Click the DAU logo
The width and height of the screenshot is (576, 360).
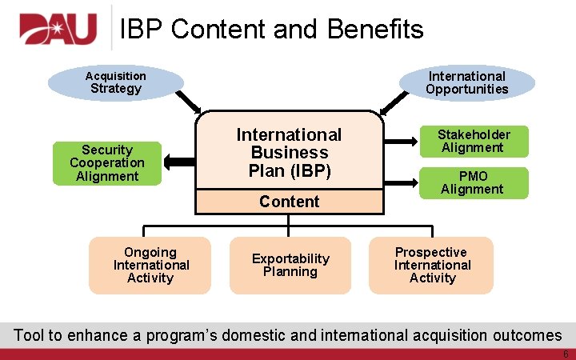point(58,30)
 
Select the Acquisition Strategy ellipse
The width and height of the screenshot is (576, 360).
point(115,82)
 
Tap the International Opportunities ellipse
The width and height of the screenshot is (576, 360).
point(466,82)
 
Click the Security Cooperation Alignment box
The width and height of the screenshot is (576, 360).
point(107,163)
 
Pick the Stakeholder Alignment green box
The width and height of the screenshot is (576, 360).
point(472,141)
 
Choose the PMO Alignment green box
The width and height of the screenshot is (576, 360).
point(472,182)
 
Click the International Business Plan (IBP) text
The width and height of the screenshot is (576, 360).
point(289,153)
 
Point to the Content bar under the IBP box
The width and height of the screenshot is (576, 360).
point(289,202)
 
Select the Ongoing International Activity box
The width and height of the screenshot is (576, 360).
point(150,265)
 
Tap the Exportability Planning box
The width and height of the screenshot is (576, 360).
point(290,265)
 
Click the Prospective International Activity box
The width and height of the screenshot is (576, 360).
point(432,265)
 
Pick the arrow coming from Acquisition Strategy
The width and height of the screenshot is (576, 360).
point(189,102)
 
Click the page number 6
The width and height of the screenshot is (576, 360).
point(565,354)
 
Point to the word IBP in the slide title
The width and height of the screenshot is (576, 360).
point(142,30)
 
